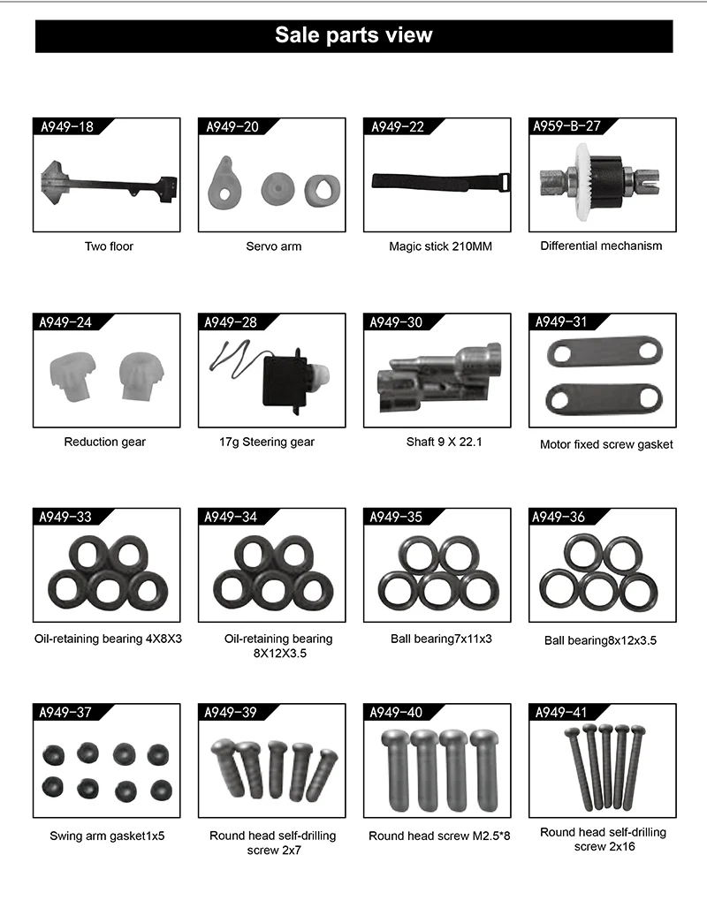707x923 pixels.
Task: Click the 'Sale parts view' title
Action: click(x=353, y=35)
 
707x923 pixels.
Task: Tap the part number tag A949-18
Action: click(x=67, y=127)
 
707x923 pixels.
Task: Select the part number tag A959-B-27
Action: click(x=566, y=126)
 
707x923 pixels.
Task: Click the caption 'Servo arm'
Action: click(x=273, y=246)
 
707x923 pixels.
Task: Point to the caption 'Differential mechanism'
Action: click(x=601, y=246)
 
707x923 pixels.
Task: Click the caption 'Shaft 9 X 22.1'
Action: click(x=437, y=442)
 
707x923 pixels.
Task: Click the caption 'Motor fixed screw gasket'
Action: click(x=606, y=444)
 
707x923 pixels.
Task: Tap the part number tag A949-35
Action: click(x=397, y=518)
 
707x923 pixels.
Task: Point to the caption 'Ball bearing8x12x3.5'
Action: click(x=600, y=640)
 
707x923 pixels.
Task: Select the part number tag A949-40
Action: click(x=397, y=713)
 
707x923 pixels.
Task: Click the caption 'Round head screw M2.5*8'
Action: click(x=437, y=836)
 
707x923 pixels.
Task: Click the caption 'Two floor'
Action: click(x=109, y=246)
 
